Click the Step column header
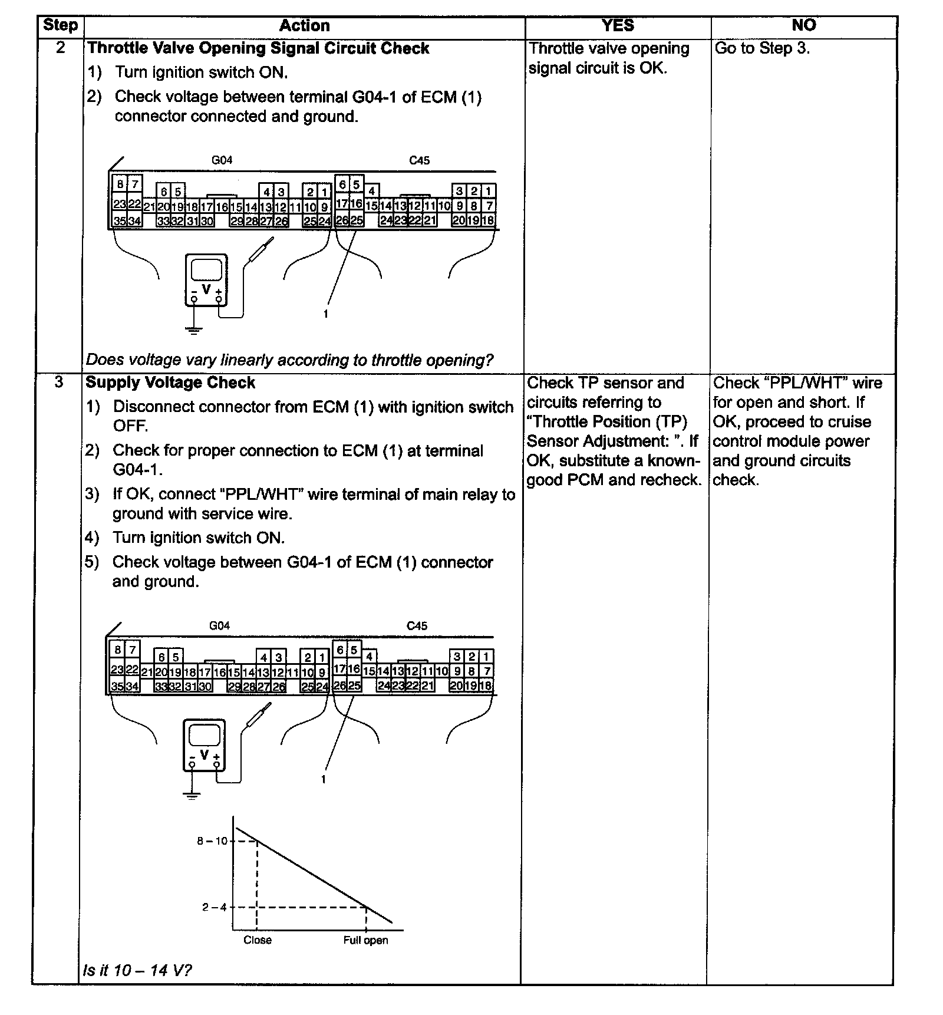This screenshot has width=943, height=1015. pos(60,25)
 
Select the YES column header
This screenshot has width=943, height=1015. pos(618,25)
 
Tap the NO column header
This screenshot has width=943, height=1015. pos(803,25)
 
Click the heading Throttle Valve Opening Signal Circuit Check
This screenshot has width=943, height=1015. pos(258,48)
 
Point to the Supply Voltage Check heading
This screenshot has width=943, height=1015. pos(170,383)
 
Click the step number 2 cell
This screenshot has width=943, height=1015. pos(60,48)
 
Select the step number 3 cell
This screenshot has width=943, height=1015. pos(59,383)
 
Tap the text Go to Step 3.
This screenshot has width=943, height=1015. pos(762,48)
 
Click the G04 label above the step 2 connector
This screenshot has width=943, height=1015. pos(222,160)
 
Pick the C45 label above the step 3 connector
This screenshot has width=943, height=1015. pos(417,625)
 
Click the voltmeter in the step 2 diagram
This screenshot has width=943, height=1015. pos(206,279)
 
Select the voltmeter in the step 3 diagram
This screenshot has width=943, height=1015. pos(204,744)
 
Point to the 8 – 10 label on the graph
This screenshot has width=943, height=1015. pos(212,841)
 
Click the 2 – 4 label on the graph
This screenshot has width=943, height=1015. pos(215,907)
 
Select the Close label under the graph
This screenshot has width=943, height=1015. pos(258,940)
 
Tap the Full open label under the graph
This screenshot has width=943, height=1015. pos(365,940)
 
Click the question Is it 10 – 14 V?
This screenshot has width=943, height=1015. pos(138,970)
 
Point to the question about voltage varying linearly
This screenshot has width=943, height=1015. pos(289,360)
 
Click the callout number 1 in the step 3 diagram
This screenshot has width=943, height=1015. pos(323,779)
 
